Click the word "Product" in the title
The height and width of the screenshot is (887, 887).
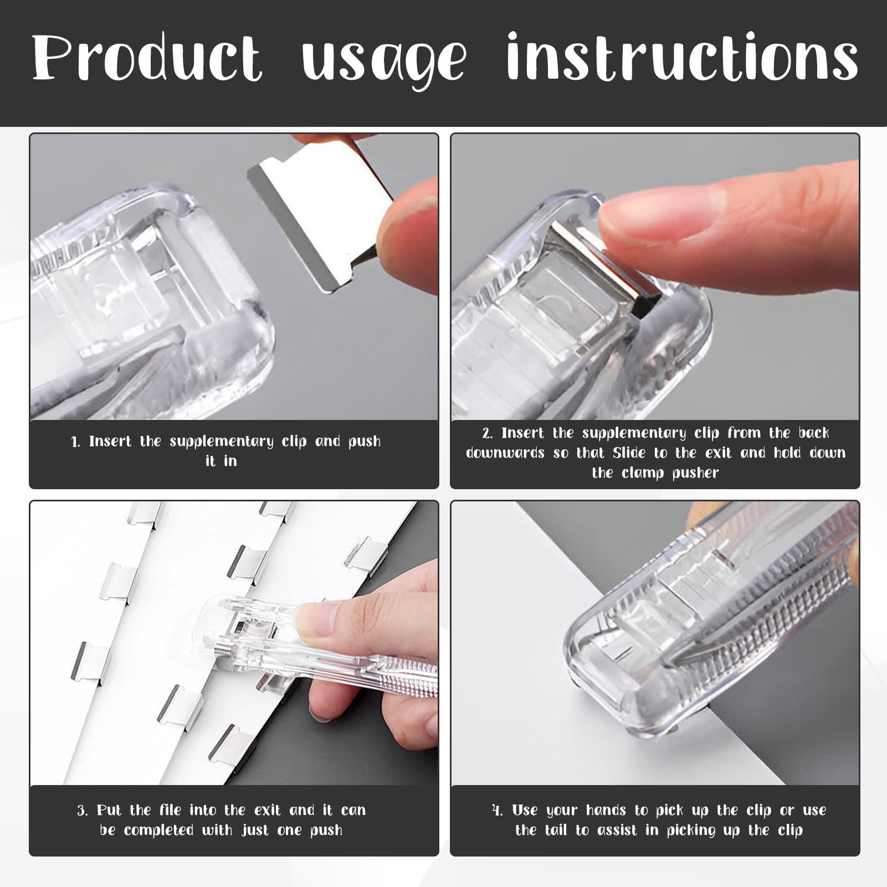click(147, 58)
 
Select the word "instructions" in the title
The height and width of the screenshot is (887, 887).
click(682, 57)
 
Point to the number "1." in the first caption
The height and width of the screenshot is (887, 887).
click(76, 442)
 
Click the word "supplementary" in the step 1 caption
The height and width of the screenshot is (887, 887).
click(222, 442)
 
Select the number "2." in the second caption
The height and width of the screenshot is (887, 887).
click(487, 433)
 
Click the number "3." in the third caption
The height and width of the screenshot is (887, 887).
click(83, 811)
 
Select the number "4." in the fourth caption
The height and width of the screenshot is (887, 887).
click(498, 811)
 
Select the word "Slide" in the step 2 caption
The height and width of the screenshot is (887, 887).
click(629, 453)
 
